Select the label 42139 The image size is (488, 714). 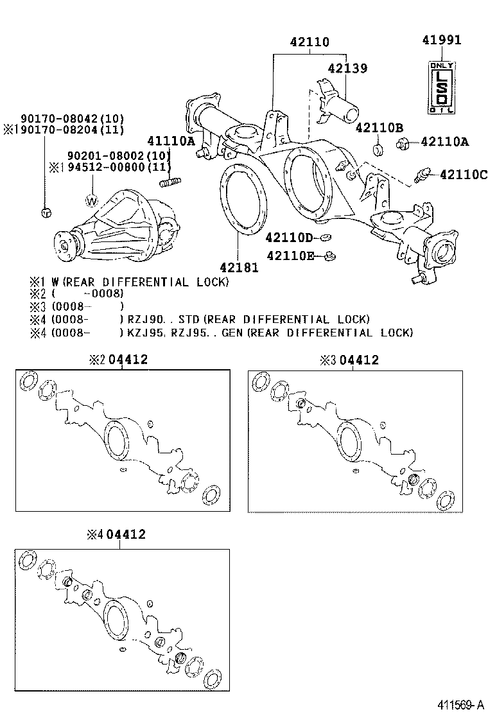tap(347, 68)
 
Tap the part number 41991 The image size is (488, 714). tap(441, 40)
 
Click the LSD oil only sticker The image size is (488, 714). tap(441, 88)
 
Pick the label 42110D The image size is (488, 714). tap(288, 238)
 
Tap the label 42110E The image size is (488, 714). tap(288, 256)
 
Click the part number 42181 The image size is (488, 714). tap(239, 266)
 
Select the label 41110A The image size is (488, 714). tap(171, 141)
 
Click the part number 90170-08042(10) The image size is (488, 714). tap(73, 119)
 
